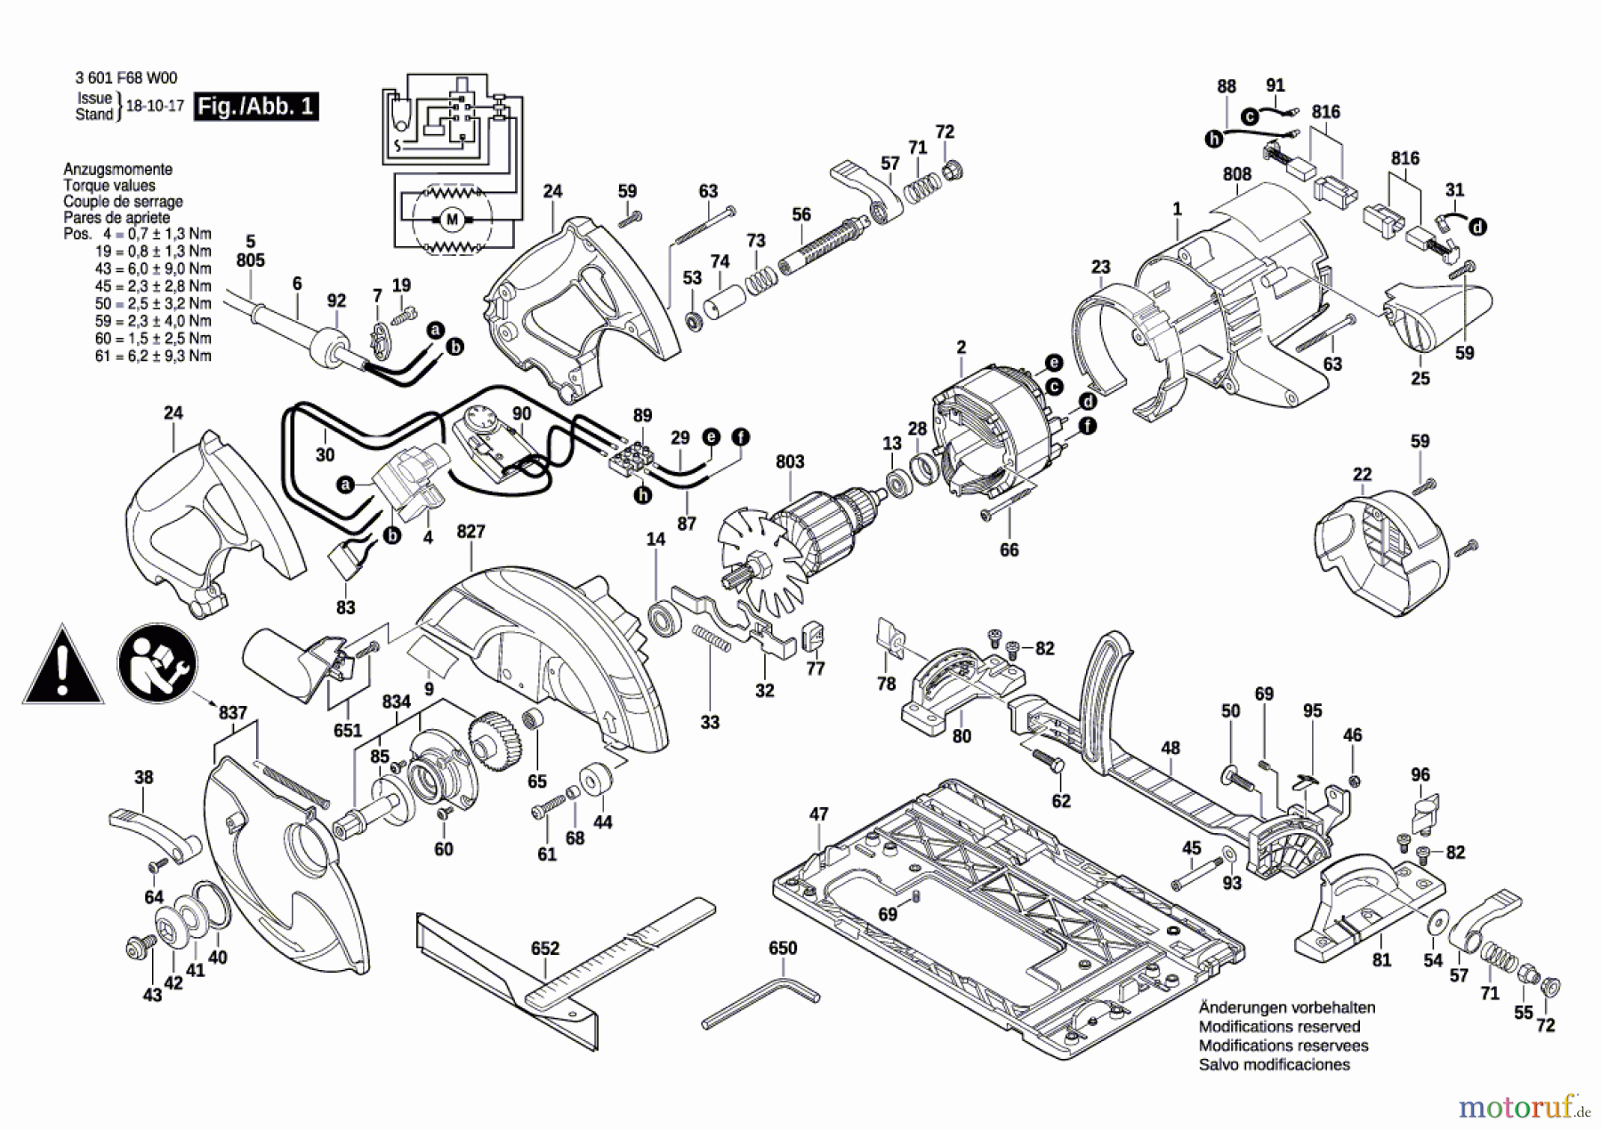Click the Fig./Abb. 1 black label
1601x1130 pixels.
256,107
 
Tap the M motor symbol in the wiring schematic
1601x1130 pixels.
451,219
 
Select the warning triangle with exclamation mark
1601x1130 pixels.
62,666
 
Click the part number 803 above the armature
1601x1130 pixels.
790,461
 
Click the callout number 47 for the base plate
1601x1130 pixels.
818,813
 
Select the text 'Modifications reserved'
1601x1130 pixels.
1279,1027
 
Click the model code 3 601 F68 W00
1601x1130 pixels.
126,78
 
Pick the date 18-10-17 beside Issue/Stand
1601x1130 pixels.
155,106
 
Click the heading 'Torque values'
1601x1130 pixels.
109,186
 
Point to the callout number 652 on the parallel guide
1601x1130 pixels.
545,949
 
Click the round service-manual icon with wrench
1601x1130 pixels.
157,663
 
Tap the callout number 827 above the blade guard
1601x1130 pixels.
471,532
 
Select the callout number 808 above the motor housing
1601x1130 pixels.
1236,174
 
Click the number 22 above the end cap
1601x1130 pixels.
1362,475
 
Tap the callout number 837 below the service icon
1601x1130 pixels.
232,713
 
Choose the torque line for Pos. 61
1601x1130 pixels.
153,356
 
